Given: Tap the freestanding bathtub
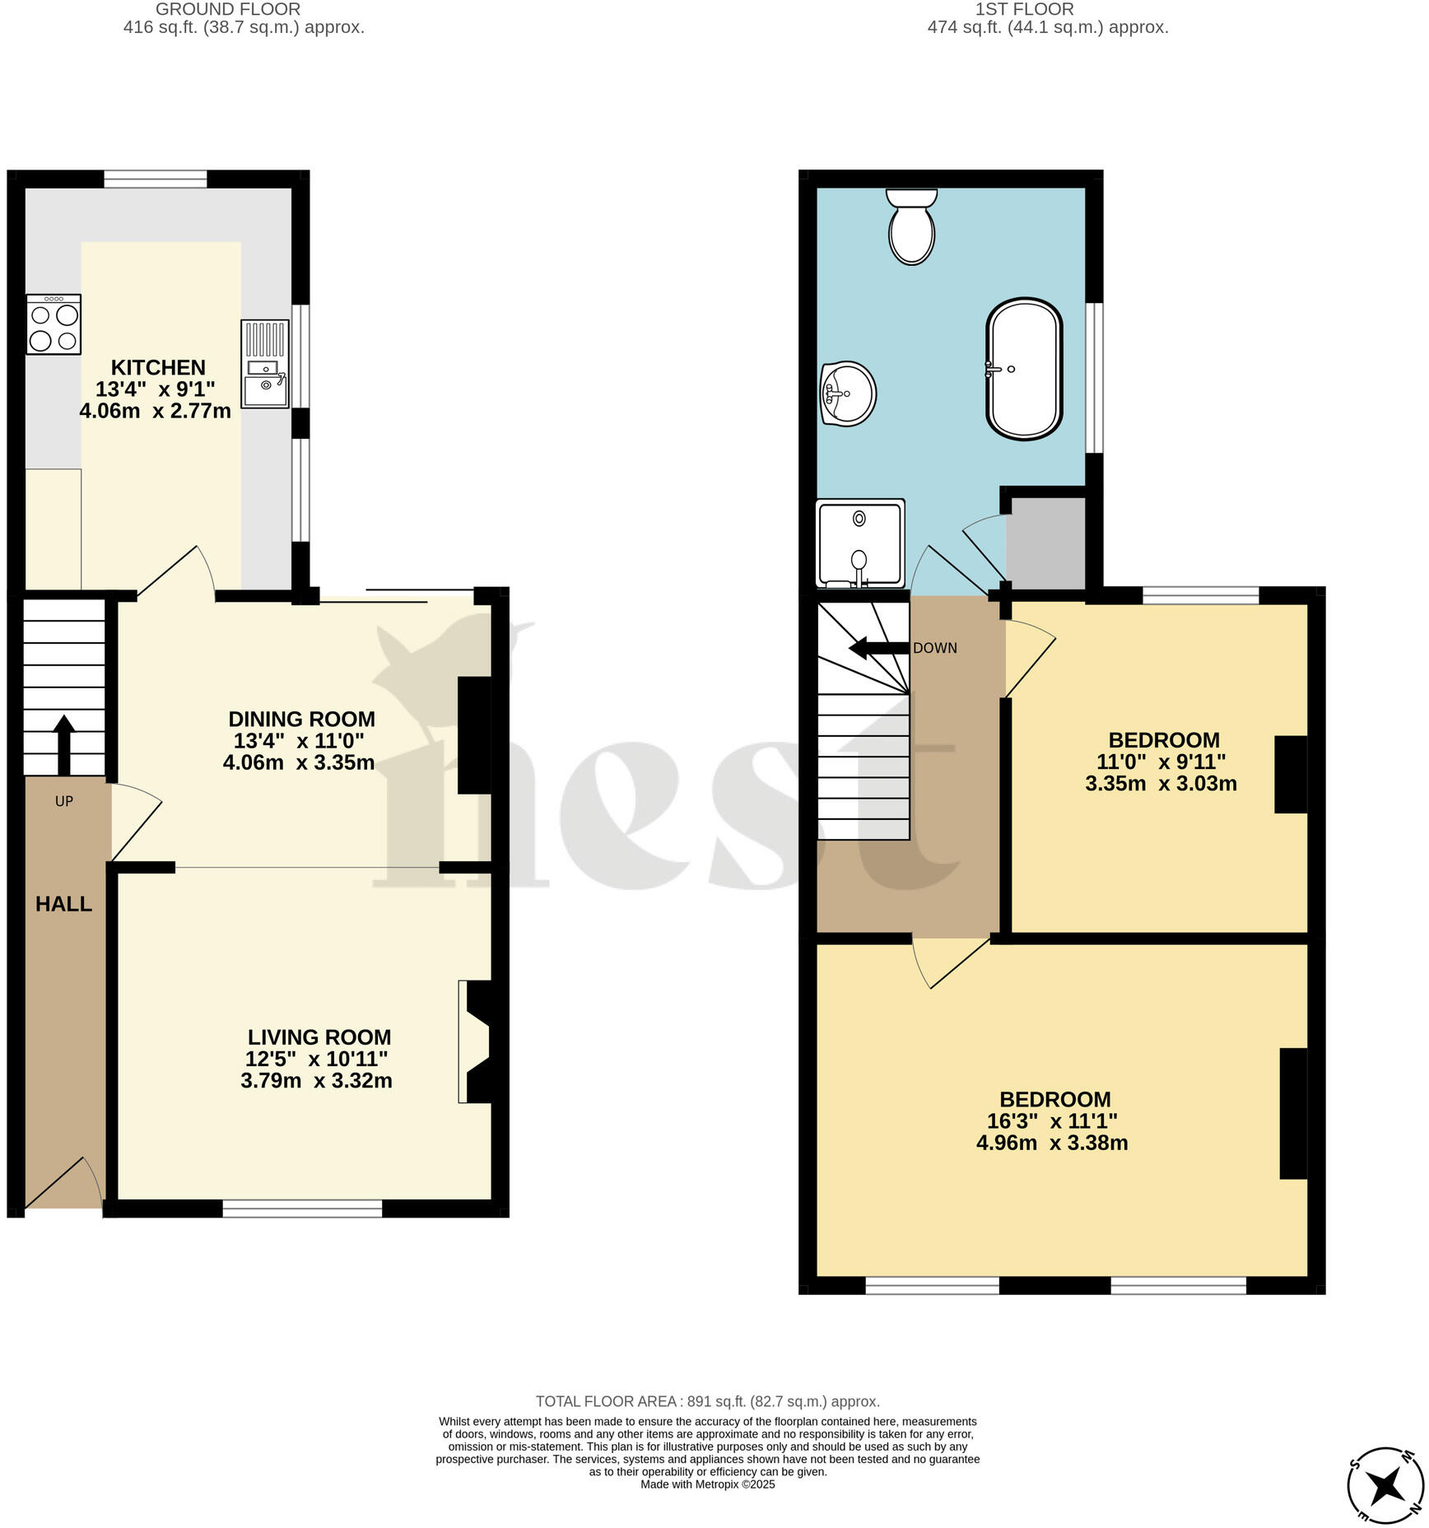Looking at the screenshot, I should pyautogui.click(x=1024, y=369).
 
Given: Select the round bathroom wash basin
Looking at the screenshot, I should pyautogui.click(x=848, y=394).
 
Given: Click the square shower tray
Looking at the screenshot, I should pyautogui.click(x=860, y=543).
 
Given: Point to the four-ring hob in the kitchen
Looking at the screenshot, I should pyautogui.click(x=54, y=324).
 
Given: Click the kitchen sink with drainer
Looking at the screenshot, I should pyautogui.click(x=265, y=364).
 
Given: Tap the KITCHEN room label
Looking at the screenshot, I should pyautogui.click(x=158, y=367).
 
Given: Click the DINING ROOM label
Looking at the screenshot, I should pyautogui.click(x=301, y=719).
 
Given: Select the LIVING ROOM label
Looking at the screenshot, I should pyautogui.click(x=319, y=1037).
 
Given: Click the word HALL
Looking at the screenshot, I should pyautogui.click(x=63, y=904).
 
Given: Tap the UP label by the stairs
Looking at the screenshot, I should pyautogui.click(x=63, y=801).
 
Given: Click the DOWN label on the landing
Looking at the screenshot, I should pyautogui.click(x=935, y=648).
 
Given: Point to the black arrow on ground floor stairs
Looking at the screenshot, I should pyautogui.click(x=63, y=743).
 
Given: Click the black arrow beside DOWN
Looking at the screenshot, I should pyautogui.click(x=878, y=648).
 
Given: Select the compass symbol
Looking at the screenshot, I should pyautogui.click(x=1386, y=1486).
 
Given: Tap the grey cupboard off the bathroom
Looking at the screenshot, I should pyautogui.click(x=1045, y=542).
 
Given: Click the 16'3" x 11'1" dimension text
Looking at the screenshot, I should pyautogui.click(x=1052, y=1120).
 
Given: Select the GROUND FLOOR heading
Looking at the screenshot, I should pyautogui.click(x=228, y=9).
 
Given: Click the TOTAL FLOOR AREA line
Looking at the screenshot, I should pyautogui.click(x=708, y=1401).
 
